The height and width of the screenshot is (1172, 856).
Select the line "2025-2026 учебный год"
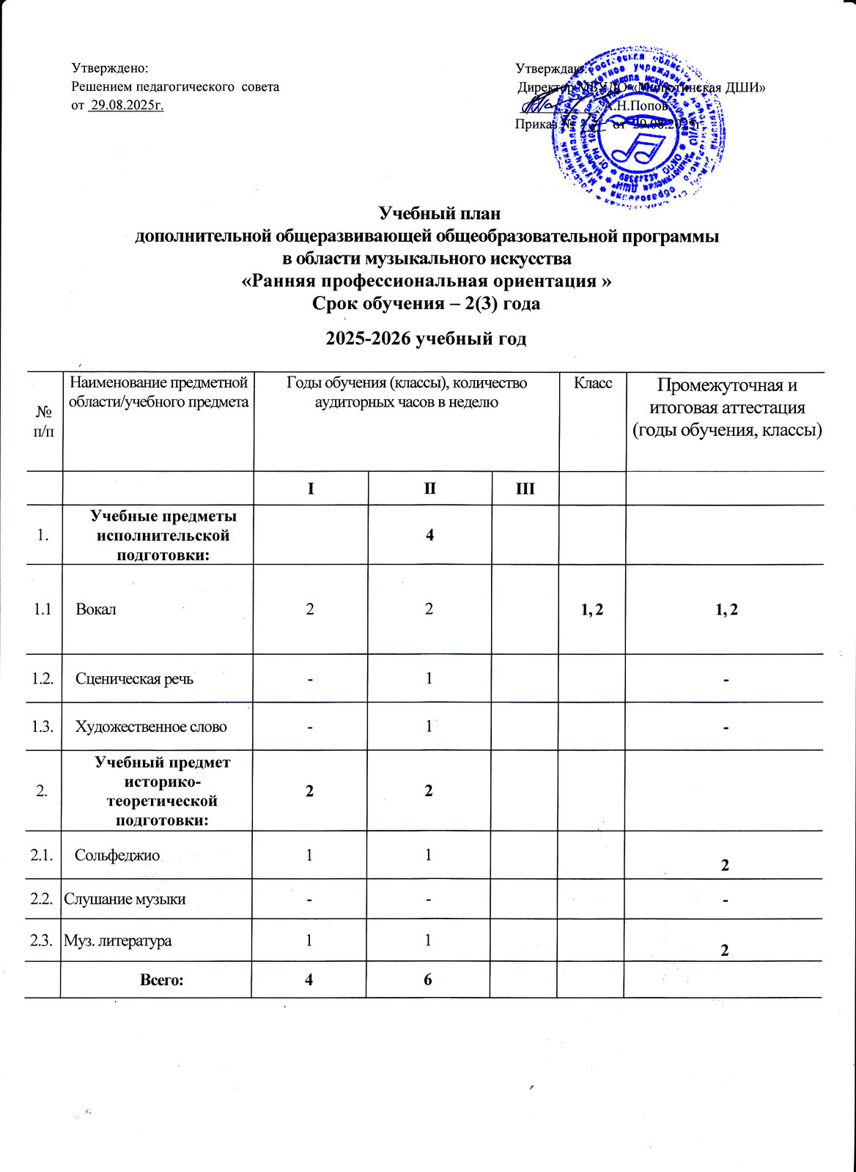(x=426, y=338)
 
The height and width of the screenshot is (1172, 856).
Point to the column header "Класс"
(x=592, y=384)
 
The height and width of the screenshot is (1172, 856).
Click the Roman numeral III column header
(x=525, y=488)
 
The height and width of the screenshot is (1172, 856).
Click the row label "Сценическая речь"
(x=135, y=678)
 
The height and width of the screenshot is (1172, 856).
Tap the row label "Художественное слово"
(x=151, y=727)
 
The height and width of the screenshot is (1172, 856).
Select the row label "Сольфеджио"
(x=117, y=854)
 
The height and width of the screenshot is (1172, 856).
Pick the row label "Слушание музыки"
(x=125, y=899)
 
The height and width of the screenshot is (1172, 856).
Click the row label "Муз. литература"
(x=118, y=941)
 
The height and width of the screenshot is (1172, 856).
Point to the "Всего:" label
(x=162, y=979)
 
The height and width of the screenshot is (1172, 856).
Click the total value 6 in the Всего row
(x=428, y=979)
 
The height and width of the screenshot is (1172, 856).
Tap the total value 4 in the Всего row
(x=309, y=979)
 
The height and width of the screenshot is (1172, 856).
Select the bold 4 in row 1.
(x=430, y=535)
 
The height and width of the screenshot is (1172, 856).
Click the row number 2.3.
(x=42, y=941)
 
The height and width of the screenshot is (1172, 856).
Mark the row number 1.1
(x=42, y=609)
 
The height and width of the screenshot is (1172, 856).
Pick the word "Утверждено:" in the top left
(x=110, y=68)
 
